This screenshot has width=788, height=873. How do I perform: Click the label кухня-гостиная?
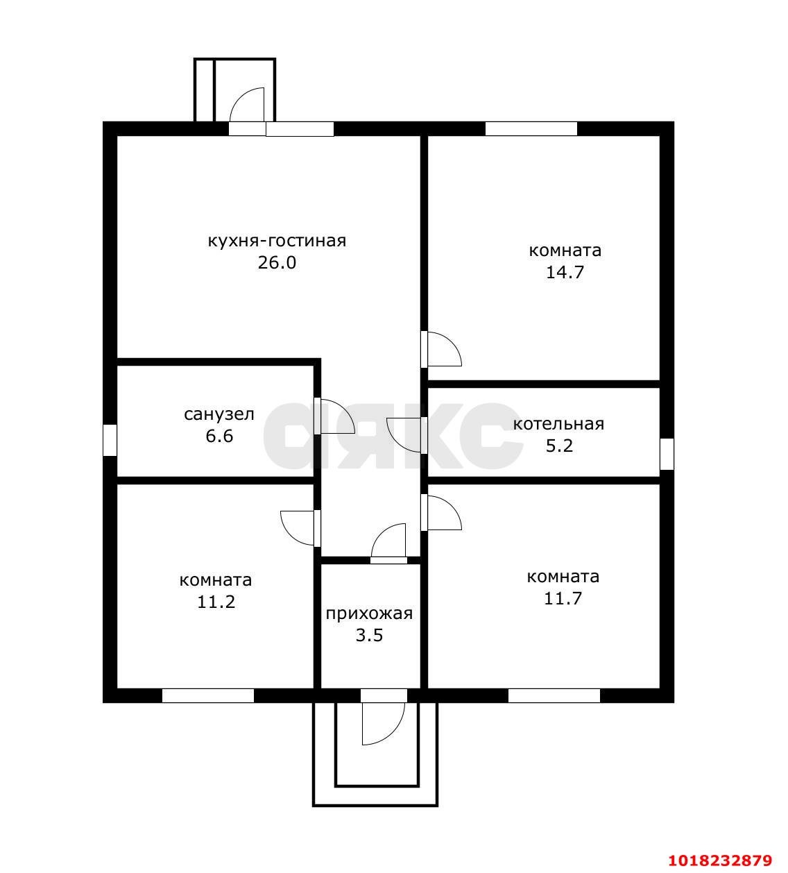pos(277,241)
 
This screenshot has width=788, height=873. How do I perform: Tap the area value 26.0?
pos(277,263)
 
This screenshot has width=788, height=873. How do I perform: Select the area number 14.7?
pos(565,273)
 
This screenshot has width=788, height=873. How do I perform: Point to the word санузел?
pos(219,414)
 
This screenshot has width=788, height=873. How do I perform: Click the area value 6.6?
pos(219,436)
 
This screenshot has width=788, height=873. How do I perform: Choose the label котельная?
pos(558,424)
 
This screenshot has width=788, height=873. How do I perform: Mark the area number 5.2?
pos(559,446)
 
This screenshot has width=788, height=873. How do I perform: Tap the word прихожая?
pos(369,615)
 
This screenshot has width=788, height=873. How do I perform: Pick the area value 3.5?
pos(369,636)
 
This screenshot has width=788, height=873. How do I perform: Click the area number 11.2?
pos(216,602)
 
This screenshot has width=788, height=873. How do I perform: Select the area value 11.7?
pos(563,598)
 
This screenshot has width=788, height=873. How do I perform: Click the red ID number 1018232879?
pos(720,861)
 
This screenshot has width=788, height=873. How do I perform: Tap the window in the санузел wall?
pos(110,440)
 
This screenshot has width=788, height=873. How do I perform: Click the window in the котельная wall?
pos(667,454)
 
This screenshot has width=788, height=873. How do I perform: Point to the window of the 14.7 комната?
pos(531,129)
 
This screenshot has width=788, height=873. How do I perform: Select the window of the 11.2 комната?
pos(208,695)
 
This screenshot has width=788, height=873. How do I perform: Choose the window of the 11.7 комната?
pos(554,695)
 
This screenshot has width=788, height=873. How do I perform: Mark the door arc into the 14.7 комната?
pos(452,344)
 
